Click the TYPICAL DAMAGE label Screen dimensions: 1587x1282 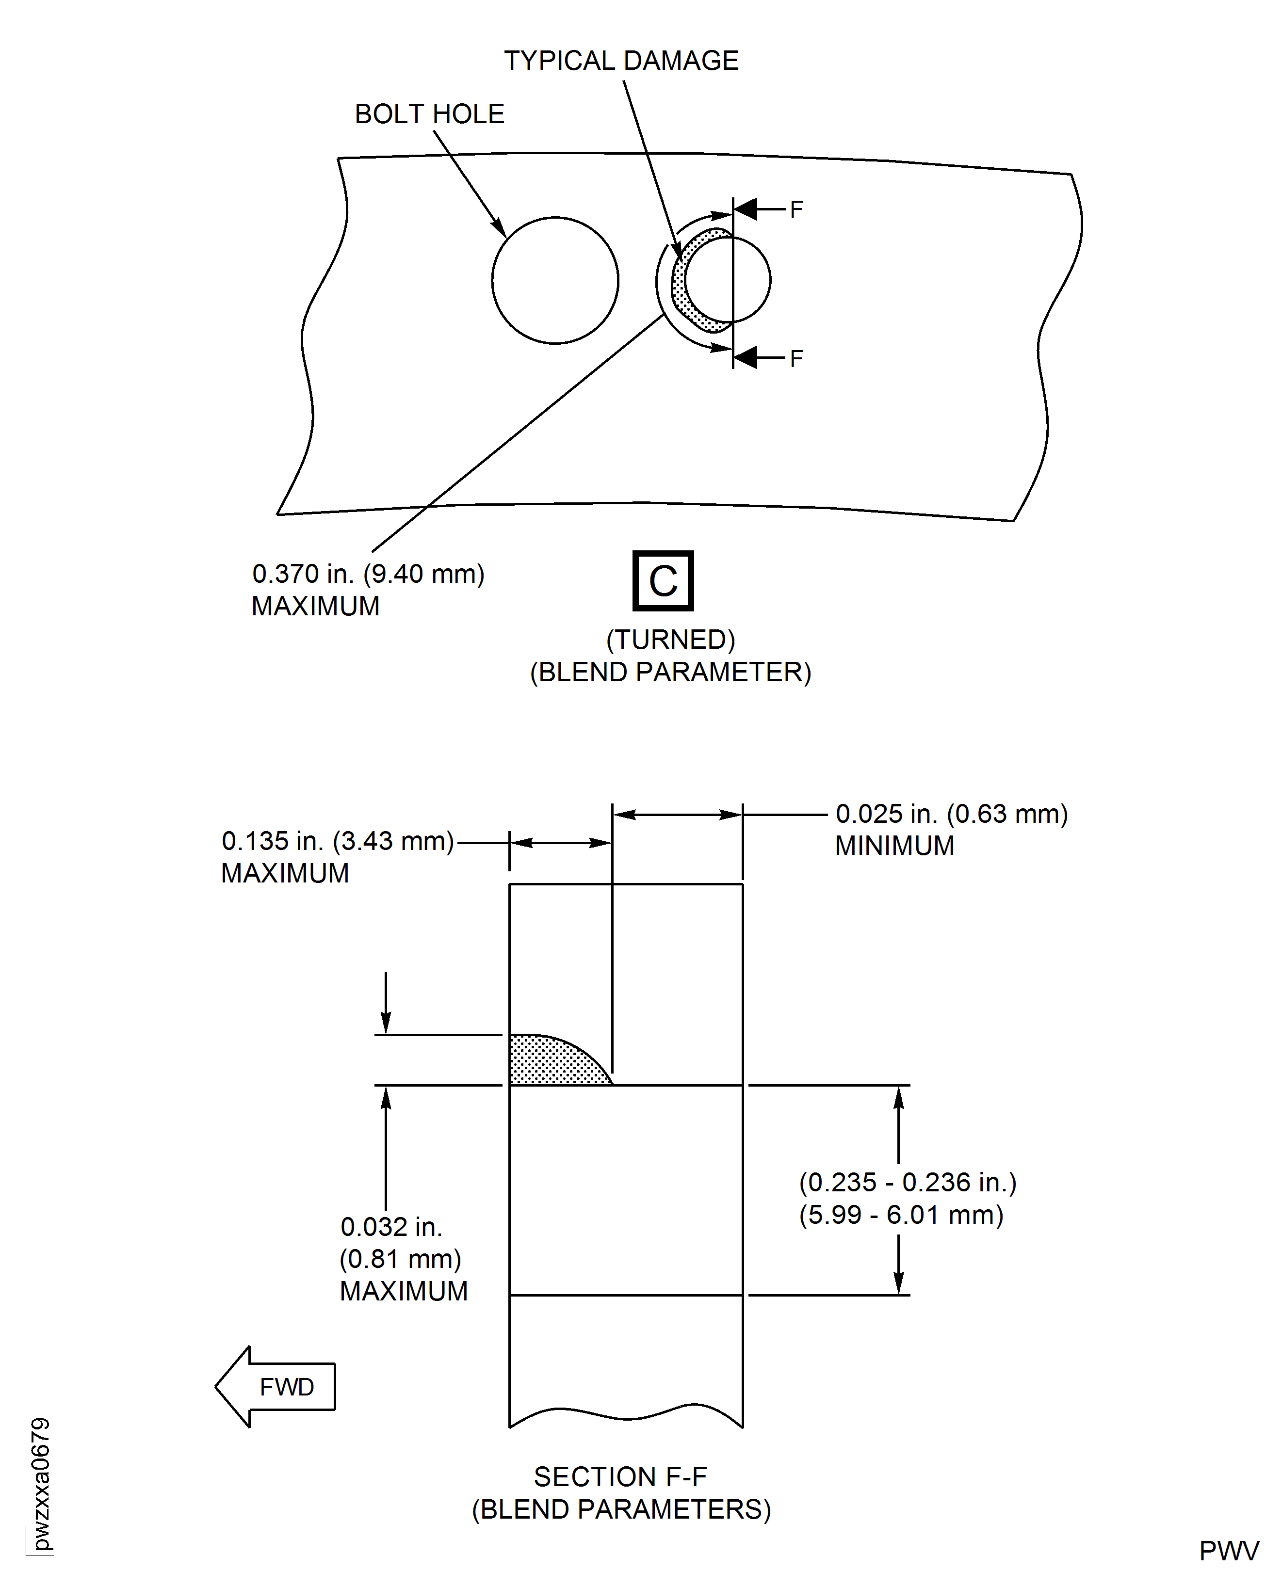pyautogui.click(x=620, y=61)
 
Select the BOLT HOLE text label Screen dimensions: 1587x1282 pyautogui.click(x=429, y=114)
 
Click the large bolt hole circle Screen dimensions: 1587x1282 pyautogui.click(x=554, y=280)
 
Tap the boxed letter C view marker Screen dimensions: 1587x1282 pyautogui.click(x=663, y=581)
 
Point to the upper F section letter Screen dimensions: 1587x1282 pyautogui.click(x=795, y=209)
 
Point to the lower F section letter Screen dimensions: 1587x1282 pyautogui.click(x=795, y=359)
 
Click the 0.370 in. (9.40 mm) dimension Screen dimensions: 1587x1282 pyautogui.click(x=368, y=574)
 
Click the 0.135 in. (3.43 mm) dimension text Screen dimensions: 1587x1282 pyautogui.click(x=338, y=841)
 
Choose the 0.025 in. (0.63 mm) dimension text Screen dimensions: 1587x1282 pyautogui.click(x=951, y=814)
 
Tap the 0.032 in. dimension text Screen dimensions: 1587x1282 pyautogui.click(x=390, y=1227)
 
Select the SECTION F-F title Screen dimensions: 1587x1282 pyautogui.click(x=620, y=1476)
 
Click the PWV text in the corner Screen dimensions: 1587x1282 pyautogui.click(x=1228, y=1551)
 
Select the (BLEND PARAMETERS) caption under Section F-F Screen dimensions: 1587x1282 pyautogui.click(x=621, y=1509)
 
